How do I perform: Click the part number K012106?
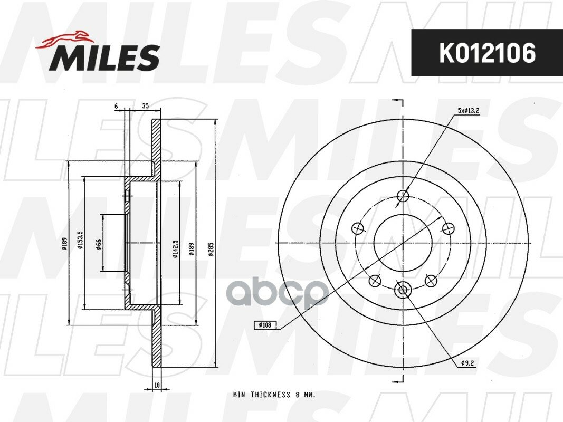point(487,53)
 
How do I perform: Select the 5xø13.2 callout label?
point(468,111)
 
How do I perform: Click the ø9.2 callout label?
point(467,363)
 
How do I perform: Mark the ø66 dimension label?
point(99,244)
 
